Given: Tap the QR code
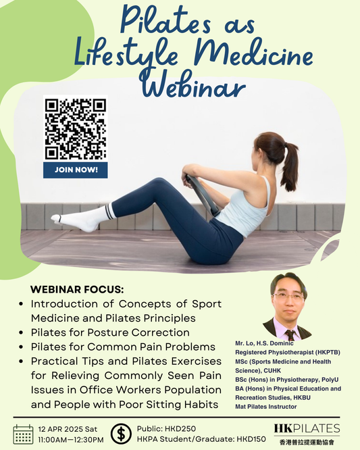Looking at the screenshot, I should click(76, 128).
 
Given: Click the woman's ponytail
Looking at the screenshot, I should click(289, 166).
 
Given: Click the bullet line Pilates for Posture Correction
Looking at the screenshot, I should click(110, 332).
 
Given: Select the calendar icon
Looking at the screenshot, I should click(24, 433).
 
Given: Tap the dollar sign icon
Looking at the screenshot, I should click(121, 433).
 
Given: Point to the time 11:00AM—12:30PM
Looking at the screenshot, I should click(72, 439).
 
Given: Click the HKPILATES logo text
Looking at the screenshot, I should click(307, 428).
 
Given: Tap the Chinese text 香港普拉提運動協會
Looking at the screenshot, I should click(307, 441).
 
